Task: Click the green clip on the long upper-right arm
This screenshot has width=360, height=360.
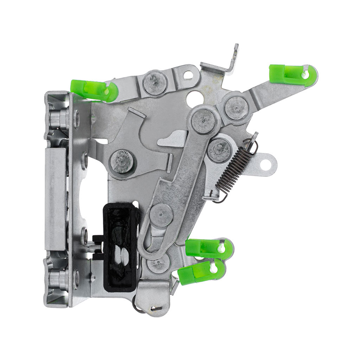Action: coord(287,74)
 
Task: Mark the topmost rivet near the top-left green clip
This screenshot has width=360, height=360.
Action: coord(155,83)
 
